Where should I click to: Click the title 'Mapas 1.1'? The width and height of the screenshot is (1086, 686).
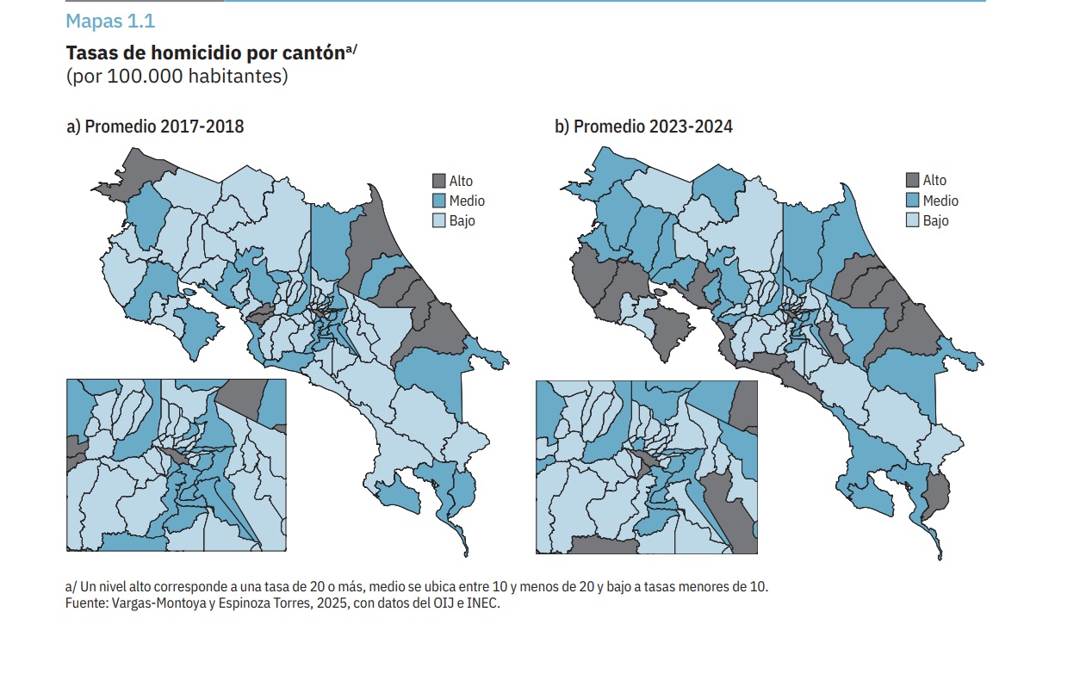[110, 22]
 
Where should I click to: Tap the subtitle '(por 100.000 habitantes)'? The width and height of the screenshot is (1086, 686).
[177, 76]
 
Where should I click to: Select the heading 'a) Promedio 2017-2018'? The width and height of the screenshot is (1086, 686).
[155, 127]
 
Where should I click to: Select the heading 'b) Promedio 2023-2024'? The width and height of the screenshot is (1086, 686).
[643, 127]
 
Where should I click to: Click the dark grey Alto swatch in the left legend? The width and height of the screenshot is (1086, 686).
[438, 181]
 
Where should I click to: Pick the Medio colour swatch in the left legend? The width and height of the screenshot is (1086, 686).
[438, 201]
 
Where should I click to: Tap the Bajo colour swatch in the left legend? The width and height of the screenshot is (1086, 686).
[438, 220]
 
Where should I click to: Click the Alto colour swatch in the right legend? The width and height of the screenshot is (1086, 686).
[912, 180]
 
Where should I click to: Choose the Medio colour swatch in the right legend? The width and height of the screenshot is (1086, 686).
[912, 201]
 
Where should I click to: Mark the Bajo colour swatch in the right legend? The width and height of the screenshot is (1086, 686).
[912, 220]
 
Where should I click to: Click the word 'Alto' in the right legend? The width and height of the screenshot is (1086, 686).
[934, 180]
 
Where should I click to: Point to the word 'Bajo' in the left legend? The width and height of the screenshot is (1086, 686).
[462, 220]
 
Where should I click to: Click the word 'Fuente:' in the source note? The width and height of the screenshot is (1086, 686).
[86, 603]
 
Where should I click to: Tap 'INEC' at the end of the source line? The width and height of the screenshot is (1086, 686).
[483, 603]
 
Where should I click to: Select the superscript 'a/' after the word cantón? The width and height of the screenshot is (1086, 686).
[351, 49]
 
